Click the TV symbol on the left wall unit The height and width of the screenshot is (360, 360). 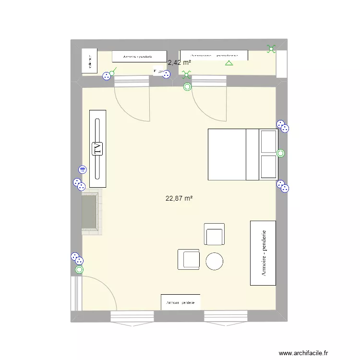(97, 149)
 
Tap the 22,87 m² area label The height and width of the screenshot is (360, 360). (179, 198)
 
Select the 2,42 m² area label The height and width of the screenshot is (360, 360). (179, 62)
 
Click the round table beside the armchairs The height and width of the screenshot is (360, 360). (215, 261)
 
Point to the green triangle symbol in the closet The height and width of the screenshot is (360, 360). (229, 63)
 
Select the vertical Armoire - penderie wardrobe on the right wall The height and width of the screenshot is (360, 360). (263, 253)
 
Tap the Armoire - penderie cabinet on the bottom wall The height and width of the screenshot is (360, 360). (180, 302)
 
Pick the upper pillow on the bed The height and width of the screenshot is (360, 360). (268, 141)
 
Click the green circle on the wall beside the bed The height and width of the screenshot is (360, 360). (281, 154)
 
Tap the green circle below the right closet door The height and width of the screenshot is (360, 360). (187, 87)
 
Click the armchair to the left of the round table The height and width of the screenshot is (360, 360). (189, 259)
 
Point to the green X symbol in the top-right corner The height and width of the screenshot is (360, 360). (272, 48)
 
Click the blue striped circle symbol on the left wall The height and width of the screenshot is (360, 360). (83, 169)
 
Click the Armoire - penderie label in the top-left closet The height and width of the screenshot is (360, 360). (140, 57)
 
